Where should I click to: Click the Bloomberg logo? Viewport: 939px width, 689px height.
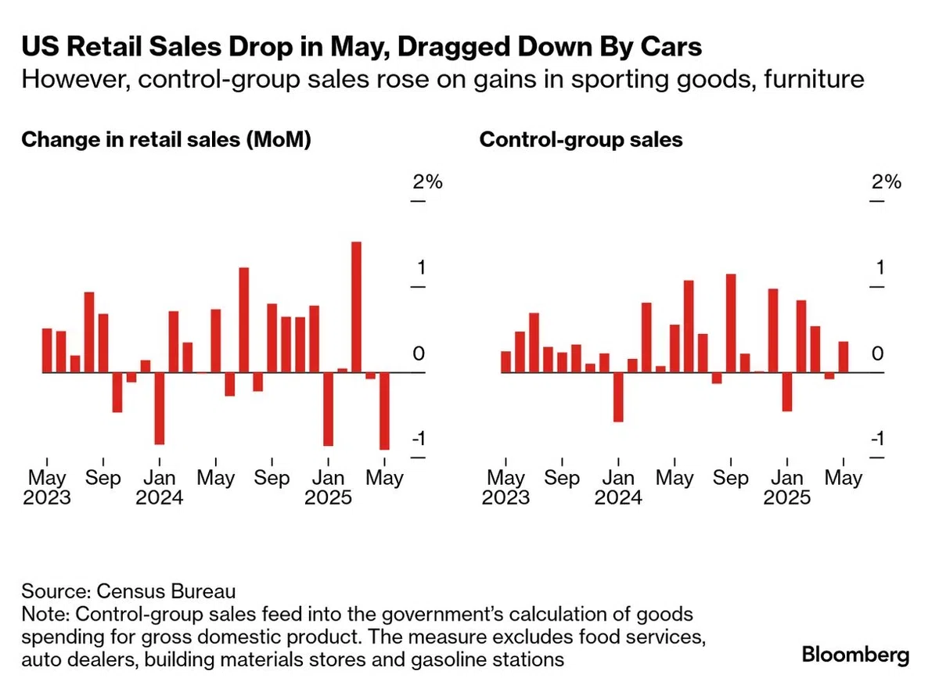tap(855, 655)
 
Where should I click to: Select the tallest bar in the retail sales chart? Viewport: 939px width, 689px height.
tap(356, 307)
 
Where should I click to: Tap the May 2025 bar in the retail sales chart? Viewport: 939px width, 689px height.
tap(384, 411)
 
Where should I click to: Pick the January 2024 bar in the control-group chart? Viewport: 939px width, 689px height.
tap(618, 397)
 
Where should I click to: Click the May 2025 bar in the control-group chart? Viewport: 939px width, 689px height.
tap(844, 357)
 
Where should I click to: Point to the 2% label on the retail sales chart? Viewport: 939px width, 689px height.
tap(427, 182)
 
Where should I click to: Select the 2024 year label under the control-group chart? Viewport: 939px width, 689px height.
tap(618, 497)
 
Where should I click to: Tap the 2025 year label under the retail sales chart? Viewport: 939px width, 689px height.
tap(328, 497)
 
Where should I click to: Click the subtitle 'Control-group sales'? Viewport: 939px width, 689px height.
tap(581, 139)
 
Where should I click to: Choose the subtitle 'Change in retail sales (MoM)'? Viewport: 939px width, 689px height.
tap(167, 140)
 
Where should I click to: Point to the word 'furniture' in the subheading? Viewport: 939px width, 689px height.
tap(814, 79)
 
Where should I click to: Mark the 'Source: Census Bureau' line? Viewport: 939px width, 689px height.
tap(128, 591)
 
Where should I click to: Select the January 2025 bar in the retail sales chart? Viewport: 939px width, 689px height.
tap(328, 409)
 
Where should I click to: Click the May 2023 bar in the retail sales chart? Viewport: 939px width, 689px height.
tap(47, 350)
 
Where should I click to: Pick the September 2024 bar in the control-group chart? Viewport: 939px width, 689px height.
tap(731, 323)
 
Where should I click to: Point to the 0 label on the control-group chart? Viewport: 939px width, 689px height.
tap(878, 354)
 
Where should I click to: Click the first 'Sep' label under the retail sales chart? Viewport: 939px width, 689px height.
tap(103, 478)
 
